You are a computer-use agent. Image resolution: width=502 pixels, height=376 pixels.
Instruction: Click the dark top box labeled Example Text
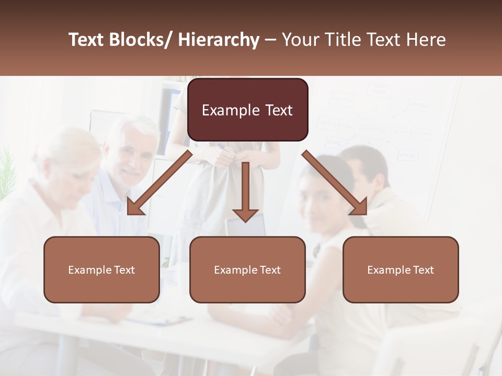pyautogui.click(x=247, y=110)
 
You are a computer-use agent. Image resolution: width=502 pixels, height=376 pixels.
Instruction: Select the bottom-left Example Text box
pyautogui.click(x=101, y=269)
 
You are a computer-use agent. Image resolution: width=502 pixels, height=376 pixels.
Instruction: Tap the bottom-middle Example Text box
pyautogui.click(x=247, y=269)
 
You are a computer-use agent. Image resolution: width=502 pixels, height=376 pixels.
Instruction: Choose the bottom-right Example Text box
pyautogui.click(x=401, y=269)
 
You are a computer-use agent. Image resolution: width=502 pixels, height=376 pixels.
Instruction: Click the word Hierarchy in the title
pyautogui.click(x=219, y=40)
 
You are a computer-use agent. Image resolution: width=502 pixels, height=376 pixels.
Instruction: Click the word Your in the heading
pyautogui.click(x=300, y=40)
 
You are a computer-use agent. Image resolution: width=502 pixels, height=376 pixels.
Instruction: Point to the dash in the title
pyautogui.click(x=270, y=40)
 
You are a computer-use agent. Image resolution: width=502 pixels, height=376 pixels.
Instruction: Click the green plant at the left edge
pyautogui.click(x=6, y=172)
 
